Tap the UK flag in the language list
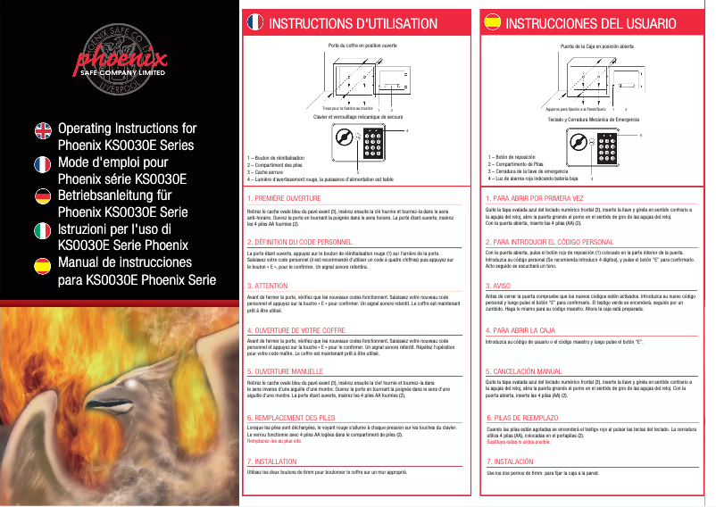tap(42, 130)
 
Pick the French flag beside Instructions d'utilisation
tap(254, 22)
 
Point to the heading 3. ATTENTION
tap(267, 286)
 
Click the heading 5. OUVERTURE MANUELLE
tap(285, 370)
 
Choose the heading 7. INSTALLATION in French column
tap(271, 461)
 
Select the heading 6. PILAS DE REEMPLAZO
tap(524, 418)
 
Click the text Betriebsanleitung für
tap(114, 195)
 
